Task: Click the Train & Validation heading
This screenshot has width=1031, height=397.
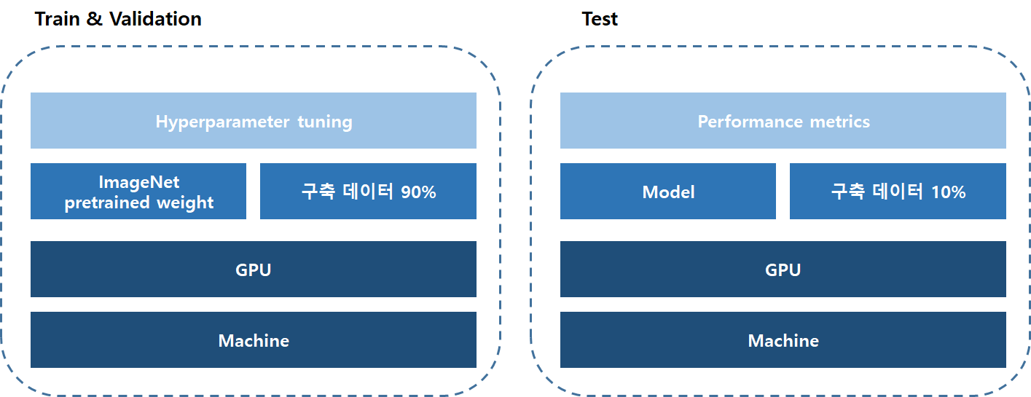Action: point(118,19)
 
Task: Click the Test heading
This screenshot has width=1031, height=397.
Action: point(600,19)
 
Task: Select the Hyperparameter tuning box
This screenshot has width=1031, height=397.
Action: point(253,121)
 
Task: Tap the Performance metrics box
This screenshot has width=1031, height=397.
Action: point(783,121)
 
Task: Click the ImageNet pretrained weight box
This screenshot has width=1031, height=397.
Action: point(138,192)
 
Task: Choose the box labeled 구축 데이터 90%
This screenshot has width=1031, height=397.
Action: point(368,192)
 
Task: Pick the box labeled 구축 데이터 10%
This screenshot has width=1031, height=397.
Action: point(898,192)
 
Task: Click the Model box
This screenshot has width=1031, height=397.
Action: point(668,192)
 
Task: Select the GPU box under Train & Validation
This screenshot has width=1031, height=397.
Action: point(253,270)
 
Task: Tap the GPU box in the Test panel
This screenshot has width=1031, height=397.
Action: point(783,270)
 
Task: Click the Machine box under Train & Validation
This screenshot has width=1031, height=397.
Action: point(253,340)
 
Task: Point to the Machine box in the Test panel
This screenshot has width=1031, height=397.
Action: point(783,340)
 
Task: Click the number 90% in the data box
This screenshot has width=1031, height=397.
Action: point(418,192)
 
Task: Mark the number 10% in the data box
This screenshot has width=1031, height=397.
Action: point(948,192)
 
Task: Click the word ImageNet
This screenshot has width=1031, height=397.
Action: point(138,182)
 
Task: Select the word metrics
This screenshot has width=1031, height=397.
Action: point(842,122)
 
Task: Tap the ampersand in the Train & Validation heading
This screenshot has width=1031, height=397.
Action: point(94,19)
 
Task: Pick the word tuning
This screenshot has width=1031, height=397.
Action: point(325,122)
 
